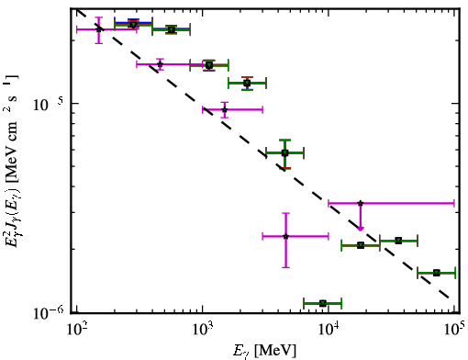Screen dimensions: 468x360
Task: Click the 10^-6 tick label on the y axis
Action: point(49,313)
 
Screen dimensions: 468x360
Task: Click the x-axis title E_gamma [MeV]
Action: point(264,351)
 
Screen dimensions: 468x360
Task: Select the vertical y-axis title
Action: point(12,161)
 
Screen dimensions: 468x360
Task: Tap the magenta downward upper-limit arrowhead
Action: point(361,229)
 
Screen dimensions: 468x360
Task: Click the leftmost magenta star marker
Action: point(98,29)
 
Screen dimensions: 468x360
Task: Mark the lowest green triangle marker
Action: point(322,303)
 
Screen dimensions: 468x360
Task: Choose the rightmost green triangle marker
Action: point(437,273)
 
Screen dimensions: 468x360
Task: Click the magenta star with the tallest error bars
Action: point(285,236)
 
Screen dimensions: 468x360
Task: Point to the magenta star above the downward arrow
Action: point(361,203)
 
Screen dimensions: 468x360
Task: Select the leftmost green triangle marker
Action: point(133,25)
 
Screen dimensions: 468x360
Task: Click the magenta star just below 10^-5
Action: point(225,109)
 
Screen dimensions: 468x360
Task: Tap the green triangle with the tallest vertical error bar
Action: point(284,152)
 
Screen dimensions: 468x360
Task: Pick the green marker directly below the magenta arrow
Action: point(361,245)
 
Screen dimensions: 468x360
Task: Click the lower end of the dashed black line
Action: point(449,298)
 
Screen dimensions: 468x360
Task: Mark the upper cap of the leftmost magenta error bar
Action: point(98,17)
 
